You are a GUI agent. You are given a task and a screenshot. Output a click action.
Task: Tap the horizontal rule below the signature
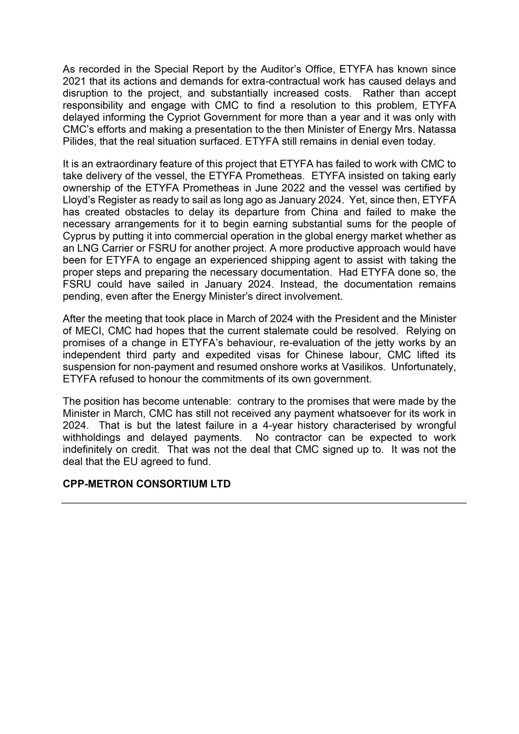tap(264, 503)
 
